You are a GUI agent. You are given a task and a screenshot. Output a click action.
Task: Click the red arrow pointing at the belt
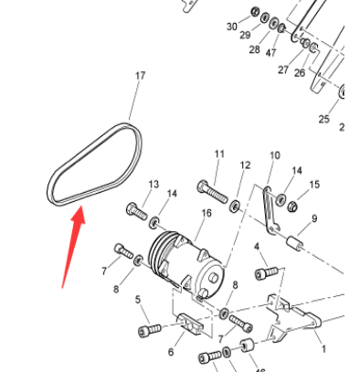pyautogui.click(x=71, y=248)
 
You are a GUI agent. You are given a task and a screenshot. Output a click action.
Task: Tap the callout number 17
pyautogui.click(x=140, y=76)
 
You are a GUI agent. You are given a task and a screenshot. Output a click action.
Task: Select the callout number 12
pyautogui.click(x=245, y=165)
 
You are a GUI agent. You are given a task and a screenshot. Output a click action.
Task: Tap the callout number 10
pyautogui.click(x=274, y=157)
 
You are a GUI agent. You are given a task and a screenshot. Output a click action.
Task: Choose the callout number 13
pyautogui.click(x=154, y=185)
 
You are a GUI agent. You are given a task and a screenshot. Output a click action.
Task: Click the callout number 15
pyautogui.click(x=315, y=186)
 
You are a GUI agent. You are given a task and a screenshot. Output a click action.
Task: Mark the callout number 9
pyautogui.click(x=313, y=218)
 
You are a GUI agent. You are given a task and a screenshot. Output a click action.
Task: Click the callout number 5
pyautogui.click(x=139, y=300)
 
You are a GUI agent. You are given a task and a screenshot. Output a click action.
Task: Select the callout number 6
pyautogui.click(x=170, y=352)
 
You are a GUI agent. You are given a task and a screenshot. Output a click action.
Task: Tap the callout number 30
pyautogui.click(x=231, y=27)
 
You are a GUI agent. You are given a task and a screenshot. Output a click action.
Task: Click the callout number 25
pyautogui.click(x=323, y=119)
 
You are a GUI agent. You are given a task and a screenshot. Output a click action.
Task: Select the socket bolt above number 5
pyautogui.click(x=148, y=328)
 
